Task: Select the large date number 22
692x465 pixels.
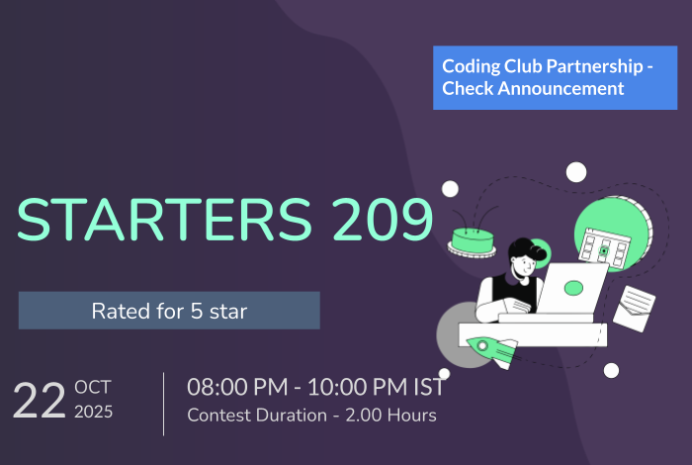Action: pyautogui.click(x=39, y=402)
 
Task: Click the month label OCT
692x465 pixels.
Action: pyautogui.click(x=92, y=388)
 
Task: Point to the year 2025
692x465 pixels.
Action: pyautogui.click(x=94, y=412)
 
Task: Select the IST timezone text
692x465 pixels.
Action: pyautogui.click(x=426, y=387)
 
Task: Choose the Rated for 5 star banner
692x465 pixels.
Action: pyautogui.click(x=169, y=311)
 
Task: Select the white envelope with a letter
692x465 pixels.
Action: pyautogui.click(x=633, y=307)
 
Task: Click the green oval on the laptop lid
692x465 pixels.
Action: pyautogui.click(x=572, y=288)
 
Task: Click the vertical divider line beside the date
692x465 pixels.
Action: pyautogui.click(x=164, y=404)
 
